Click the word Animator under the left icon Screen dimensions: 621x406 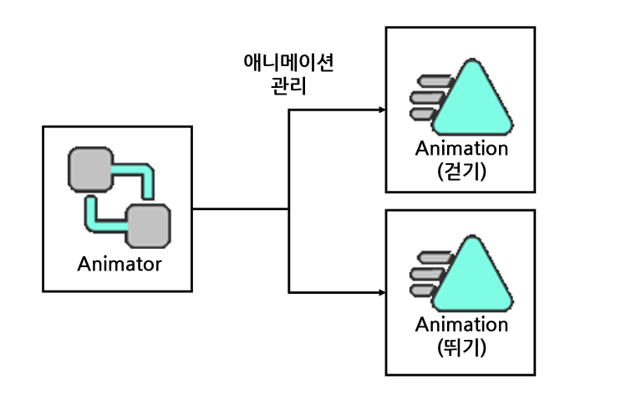point(120,264)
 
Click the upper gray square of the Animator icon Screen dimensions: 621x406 point(91,170)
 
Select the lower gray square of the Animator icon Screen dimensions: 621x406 point(148,226)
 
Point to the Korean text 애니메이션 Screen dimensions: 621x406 point(288,62)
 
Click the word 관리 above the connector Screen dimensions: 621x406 point(288,85)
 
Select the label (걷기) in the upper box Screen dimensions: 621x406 point(462,172)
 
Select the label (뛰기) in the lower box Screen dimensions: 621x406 point(462,347)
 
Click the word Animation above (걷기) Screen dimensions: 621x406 point(462,149)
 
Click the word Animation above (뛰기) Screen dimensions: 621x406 point(462,325)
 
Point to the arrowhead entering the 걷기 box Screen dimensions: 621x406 point(382,110)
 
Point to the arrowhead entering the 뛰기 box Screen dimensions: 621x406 point(382,293)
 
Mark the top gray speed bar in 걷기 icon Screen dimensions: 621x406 point(435,81)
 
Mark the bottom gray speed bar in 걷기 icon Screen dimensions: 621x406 point(423,114)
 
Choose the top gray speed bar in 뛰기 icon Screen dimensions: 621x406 point(435,257)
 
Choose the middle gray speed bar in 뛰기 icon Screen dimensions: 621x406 point(427,274)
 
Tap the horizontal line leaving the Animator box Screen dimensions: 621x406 point(241,209)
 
